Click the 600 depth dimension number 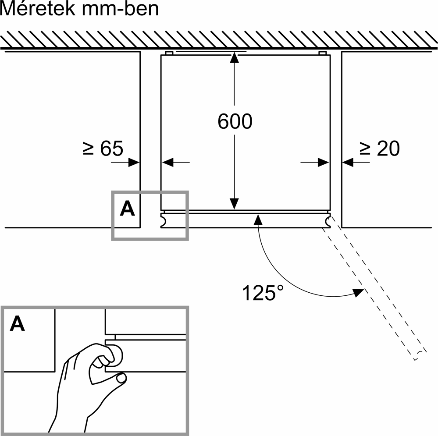[x=235, y=121]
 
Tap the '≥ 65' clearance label [x=103, y=149]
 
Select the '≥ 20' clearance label [x=380, y=149]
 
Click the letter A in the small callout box [x=127, y=209]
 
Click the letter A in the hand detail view [x=18, y=324]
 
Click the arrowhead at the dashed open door [x=359, y=292]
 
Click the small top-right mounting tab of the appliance [x=322, y=53]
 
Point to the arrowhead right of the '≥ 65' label [x=135, y=163]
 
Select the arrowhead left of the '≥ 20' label [x=348, y=163]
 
